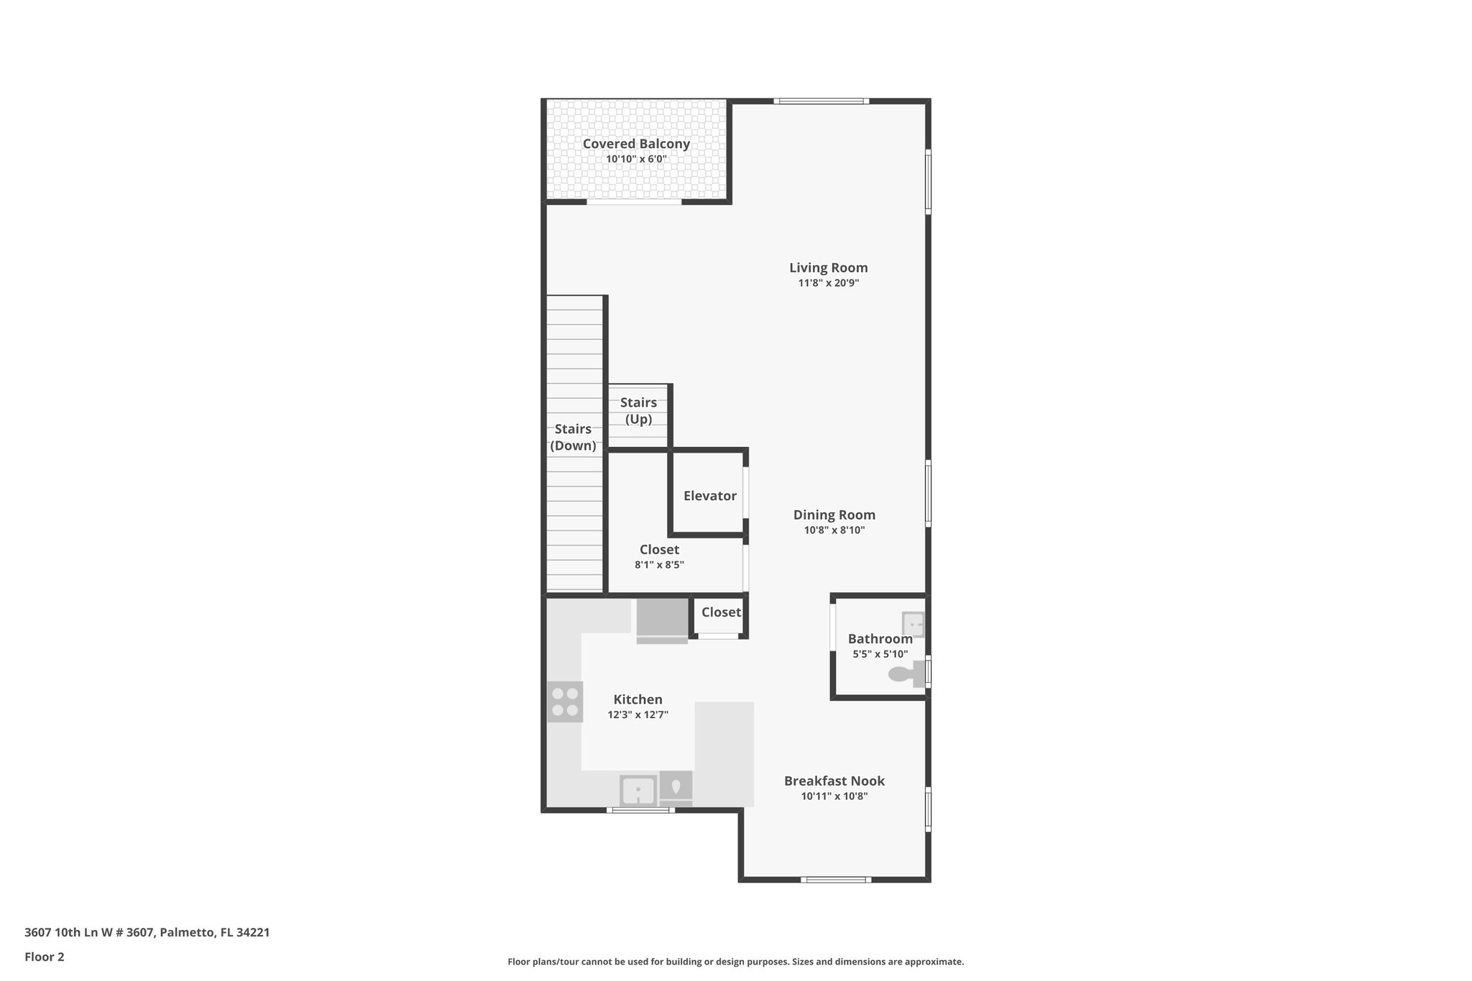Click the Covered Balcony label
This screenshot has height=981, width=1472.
636,144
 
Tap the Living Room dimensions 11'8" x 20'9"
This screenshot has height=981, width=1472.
828,283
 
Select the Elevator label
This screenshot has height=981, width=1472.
709,496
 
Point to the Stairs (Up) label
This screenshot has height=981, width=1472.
638,411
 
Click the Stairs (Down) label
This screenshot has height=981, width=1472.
573,437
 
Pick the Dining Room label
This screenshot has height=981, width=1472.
834,515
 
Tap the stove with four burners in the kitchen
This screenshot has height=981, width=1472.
564,702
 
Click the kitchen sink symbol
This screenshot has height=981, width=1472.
638,791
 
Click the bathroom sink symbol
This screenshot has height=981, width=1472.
913,624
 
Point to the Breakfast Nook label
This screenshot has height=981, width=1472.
834,780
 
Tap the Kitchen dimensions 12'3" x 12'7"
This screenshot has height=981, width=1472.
638,715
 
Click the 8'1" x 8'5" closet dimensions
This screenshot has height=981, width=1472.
659,565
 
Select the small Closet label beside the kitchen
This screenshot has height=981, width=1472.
720,612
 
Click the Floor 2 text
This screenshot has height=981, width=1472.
45,957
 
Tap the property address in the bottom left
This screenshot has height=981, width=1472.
147,932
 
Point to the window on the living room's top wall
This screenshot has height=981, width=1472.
821,101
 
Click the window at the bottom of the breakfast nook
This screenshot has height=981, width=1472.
835,880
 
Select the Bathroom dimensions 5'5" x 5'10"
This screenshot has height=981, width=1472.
880,654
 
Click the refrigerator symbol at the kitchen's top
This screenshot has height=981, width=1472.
662,620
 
